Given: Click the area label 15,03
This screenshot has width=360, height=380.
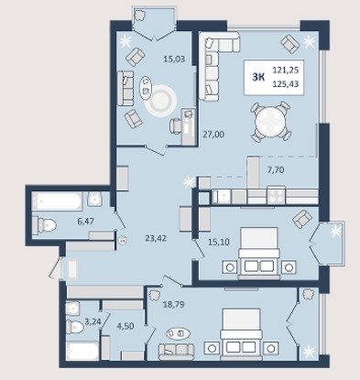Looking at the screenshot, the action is [x=174, y=59].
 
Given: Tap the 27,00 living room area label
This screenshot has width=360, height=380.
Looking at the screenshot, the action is [x=213, y=134].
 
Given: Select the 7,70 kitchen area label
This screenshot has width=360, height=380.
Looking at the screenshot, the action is [x=276, y=169].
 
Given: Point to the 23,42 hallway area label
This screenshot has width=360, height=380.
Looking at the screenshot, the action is [x=156, y=238].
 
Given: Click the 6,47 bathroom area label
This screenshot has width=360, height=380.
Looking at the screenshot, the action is [x=85, y=222].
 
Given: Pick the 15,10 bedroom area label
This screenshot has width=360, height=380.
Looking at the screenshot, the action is [x=219, y=242].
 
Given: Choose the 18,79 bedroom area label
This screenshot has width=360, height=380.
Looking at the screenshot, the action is [x=174, y=304].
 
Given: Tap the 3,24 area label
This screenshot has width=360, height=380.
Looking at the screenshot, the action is [x=93, y=321].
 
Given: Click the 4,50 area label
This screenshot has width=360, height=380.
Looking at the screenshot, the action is [x=125, y=326].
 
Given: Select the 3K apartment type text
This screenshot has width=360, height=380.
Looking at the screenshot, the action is [x=258, y=77].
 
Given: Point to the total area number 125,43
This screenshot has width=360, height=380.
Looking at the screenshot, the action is [x=286, y=83].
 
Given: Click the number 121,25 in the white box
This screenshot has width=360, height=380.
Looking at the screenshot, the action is [x=286, y=71].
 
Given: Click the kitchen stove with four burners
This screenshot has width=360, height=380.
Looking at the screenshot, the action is [x=276, y=195].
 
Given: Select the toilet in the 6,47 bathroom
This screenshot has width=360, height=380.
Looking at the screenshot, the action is [x=45, y=225].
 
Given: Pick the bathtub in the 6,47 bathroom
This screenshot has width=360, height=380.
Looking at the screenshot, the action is [x=57, y=201].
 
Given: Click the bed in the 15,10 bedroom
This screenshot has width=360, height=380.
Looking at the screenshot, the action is [x=259, y=253].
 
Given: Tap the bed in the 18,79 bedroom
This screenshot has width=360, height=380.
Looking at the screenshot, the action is [x=241, y=332].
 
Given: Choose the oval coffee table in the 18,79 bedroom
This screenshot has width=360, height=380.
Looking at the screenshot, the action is [x=179, y=333].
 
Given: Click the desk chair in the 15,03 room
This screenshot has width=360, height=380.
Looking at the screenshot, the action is [x=175, y=126].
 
